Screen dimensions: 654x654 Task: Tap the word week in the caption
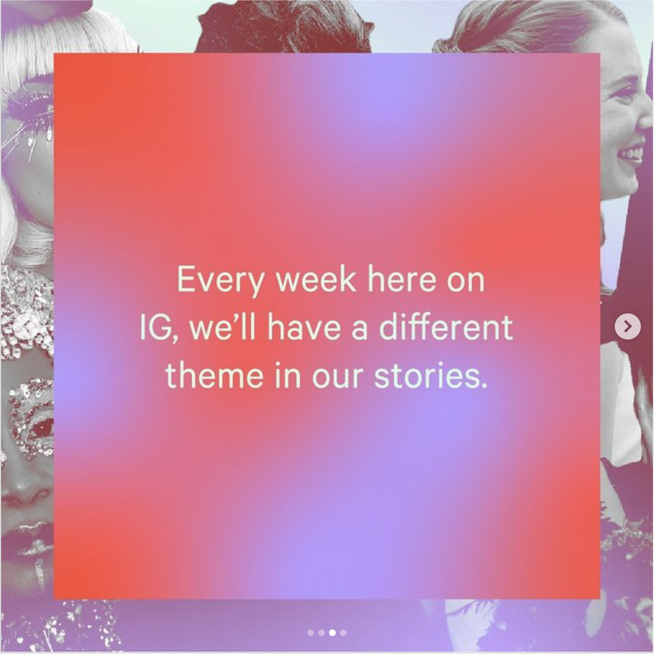pyautogui.click(x=316, y=279)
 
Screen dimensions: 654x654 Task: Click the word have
pyautogui.click(x=304, y=327)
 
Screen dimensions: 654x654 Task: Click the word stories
pyautogui.click(x=431, y=376)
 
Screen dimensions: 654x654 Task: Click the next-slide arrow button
pyautogui.click(x=627, y=326)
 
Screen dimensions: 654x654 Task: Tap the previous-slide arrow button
pyautogui.click(x=26, y=326)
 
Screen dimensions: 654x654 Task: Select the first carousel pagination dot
pyautogui.click(x=311, y=633)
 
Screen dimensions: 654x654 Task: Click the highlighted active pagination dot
pyautogui.click(x=332, y=633)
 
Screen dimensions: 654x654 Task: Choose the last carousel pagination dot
pyautogui.click(x=343, y=633)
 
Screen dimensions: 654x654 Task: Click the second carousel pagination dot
pyautogui.click(x=322, y=633)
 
